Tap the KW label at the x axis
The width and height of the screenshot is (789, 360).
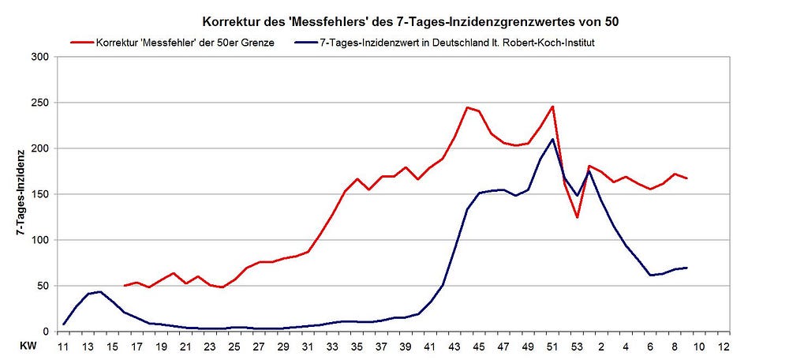coord(28,347)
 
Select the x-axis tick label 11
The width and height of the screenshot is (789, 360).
coord(64,347)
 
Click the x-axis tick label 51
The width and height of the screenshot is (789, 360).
coord(552,347)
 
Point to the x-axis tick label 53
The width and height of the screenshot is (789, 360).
coord(577,347)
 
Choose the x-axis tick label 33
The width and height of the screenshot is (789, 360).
coord(333,347)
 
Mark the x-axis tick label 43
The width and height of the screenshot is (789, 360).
coord(455,347)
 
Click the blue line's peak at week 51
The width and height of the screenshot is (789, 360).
coord(552,140)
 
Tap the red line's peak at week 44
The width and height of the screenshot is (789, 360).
coord(467,107)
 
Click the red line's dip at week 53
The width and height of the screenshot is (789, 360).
coord(577,217)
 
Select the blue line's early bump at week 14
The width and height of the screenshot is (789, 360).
coord(100,291)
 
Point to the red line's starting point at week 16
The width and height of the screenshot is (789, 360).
coord(125,286)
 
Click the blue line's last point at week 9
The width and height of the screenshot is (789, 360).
coord(686,268)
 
